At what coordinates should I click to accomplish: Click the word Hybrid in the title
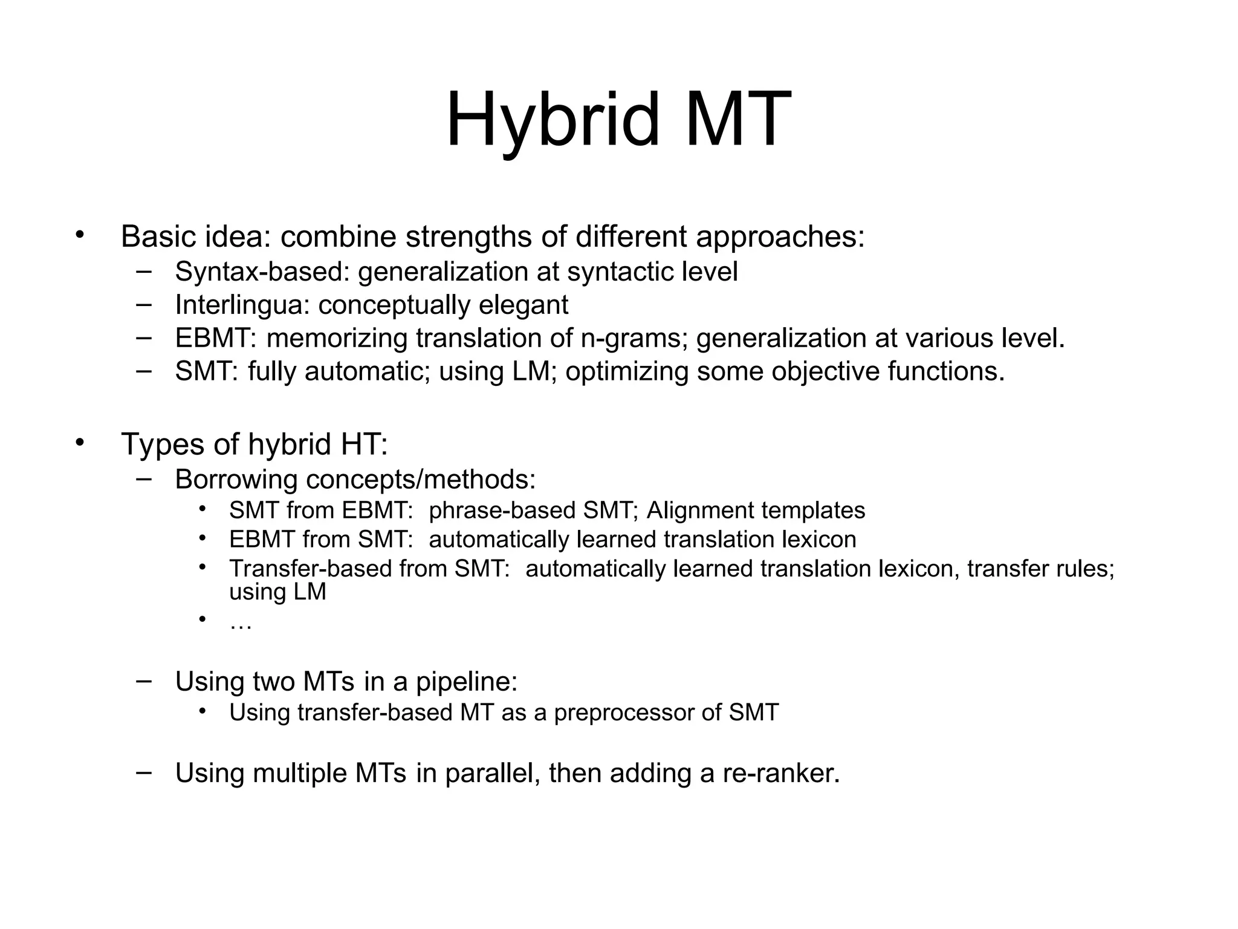pos(552,120)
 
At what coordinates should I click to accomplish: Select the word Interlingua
pos(242,305)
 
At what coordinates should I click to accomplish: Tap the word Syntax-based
pos(262,272)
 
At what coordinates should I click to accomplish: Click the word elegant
pos(523,305)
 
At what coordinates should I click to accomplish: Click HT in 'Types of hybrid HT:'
pos(363,445)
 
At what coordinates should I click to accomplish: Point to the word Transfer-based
pos(309,569)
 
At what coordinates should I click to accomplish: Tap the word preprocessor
pos(623,713)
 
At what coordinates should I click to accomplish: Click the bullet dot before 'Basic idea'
pos(79,235)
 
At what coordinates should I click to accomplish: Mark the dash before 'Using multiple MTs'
pos(144,772)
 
